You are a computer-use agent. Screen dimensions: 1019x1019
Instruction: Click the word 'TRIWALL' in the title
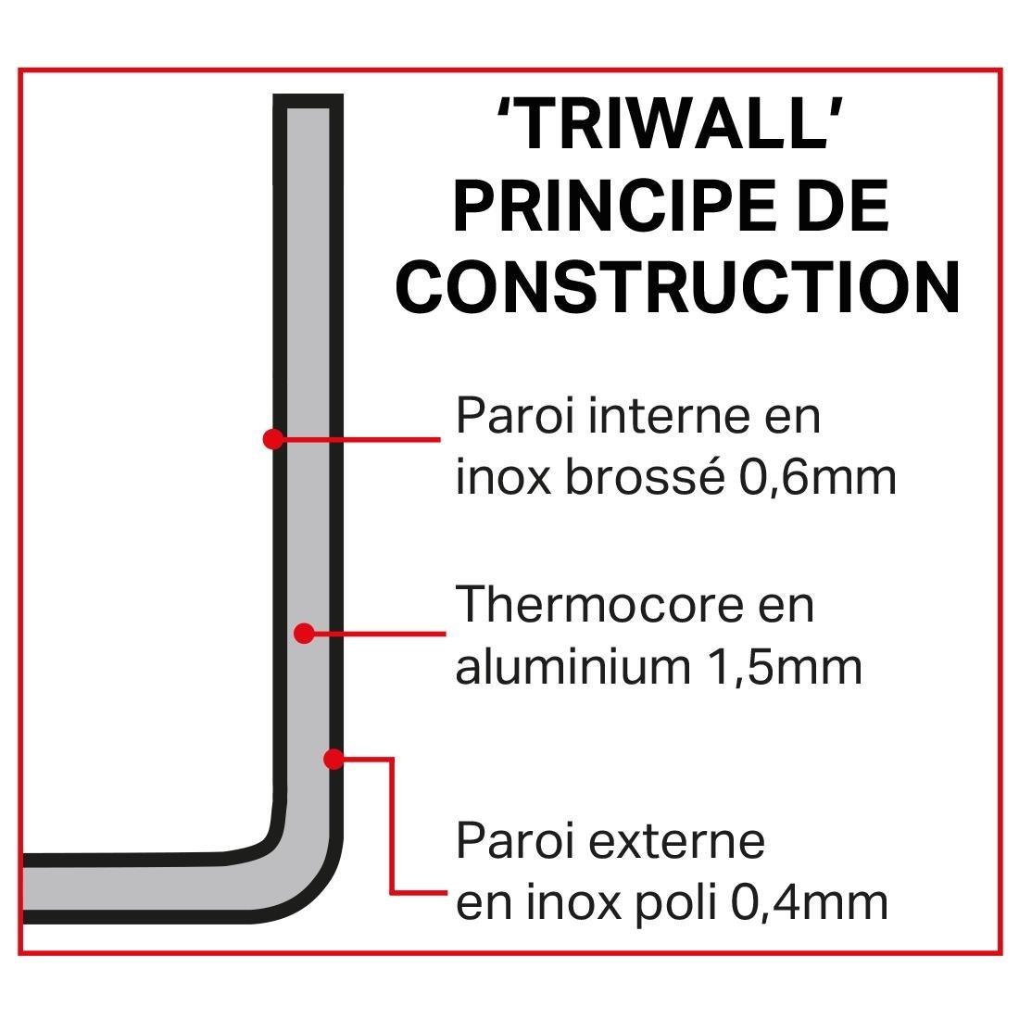click(x=673, y=126)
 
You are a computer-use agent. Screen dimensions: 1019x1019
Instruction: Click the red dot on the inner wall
click(x=272, y=438)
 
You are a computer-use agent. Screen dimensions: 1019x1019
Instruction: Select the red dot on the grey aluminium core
click(x=303, y=634)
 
